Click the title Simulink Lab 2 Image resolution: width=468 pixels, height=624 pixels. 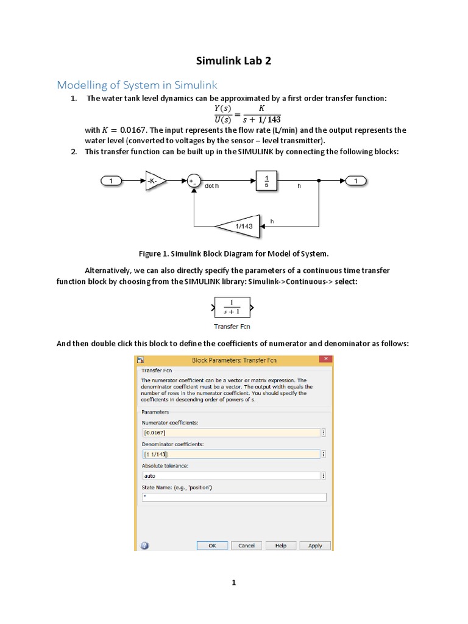pyautogui.click(x=233, y=61)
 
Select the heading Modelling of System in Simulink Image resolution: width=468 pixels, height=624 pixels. pyautogui.click(x=137, y=85)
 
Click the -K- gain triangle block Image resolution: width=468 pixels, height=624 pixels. pyautogui.click(x=154, y=180)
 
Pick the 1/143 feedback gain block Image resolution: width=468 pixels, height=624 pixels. pyautogui.click(x=239, y=225)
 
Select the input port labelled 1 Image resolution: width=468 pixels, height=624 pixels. pyautogui.click(x=111, y=180)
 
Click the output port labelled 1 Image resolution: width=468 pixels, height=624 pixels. pyautogui.click(x=356, y=180)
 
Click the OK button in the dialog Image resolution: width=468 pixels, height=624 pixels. pyautogui.click(x=212, y=545)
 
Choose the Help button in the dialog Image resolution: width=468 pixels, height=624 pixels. pyautogui.click(x=280, y=545)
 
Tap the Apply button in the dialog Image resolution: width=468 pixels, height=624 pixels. pyautogui.click(x=315, y=545)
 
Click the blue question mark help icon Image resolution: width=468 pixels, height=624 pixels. pyautogui.click(x=145, y=545)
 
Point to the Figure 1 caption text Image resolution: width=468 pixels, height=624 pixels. pyautogui.click(x=233, y=253)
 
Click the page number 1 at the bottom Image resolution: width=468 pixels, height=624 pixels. pyautogui.click(x=233, y=583)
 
